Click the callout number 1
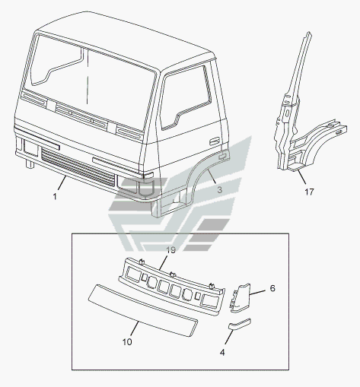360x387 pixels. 55,196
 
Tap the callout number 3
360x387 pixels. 220,189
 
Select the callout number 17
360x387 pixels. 309,192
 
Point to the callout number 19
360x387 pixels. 171,250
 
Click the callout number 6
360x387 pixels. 272,288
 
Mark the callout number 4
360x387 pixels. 222,352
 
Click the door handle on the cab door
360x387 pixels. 215,141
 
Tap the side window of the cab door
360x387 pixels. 186,97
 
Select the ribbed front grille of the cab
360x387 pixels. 78,167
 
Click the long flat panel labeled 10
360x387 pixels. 143,310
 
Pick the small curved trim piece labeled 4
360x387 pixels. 240,323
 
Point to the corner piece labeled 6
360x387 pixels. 241,298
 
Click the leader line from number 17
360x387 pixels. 302,177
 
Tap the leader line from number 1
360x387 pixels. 62,183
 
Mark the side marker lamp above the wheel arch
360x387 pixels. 222,156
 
